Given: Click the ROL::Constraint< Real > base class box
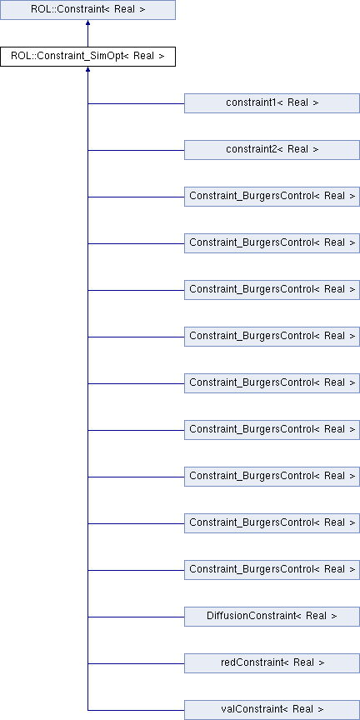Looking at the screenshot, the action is (87, 10).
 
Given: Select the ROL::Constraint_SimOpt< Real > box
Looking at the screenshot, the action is (87, 57).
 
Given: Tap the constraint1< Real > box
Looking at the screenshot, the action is (272, 103).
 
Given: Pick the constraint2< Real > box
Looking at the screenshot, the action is (272, 150).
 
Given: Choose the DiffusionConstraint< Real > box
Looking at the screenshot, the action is (272, 616).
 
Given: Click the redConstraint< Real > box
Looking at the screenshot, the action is (272, 663).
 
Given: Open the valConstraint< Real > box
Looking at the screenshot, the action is (272, 710).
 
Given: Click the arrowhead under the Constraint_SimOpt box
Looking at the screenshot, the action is (87, 70).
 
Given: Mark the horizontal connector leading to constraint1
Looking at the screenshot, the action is (136, 104).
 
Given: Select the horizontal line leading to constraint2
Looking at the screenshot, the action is (136, 150).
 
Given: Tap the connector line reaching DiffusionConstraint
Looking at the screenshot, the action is (136, 617).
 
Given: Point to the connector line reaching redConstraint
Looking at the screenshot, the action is (136, 663).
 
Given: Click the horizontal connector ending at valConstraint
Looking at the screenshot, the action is (136, 710).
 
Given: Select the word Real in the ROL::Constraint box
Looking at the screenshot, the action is (124, 9).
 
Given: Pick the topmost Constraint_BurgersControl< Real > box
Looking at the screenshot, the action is (272, 197).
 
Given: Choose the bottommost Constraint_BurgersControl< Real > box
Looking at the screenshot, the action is (272, 570).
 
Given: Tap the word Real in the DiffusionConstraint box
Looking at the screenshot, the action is (316, 616).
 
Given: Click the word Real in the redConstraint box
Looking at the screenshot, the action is (303, 662).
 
